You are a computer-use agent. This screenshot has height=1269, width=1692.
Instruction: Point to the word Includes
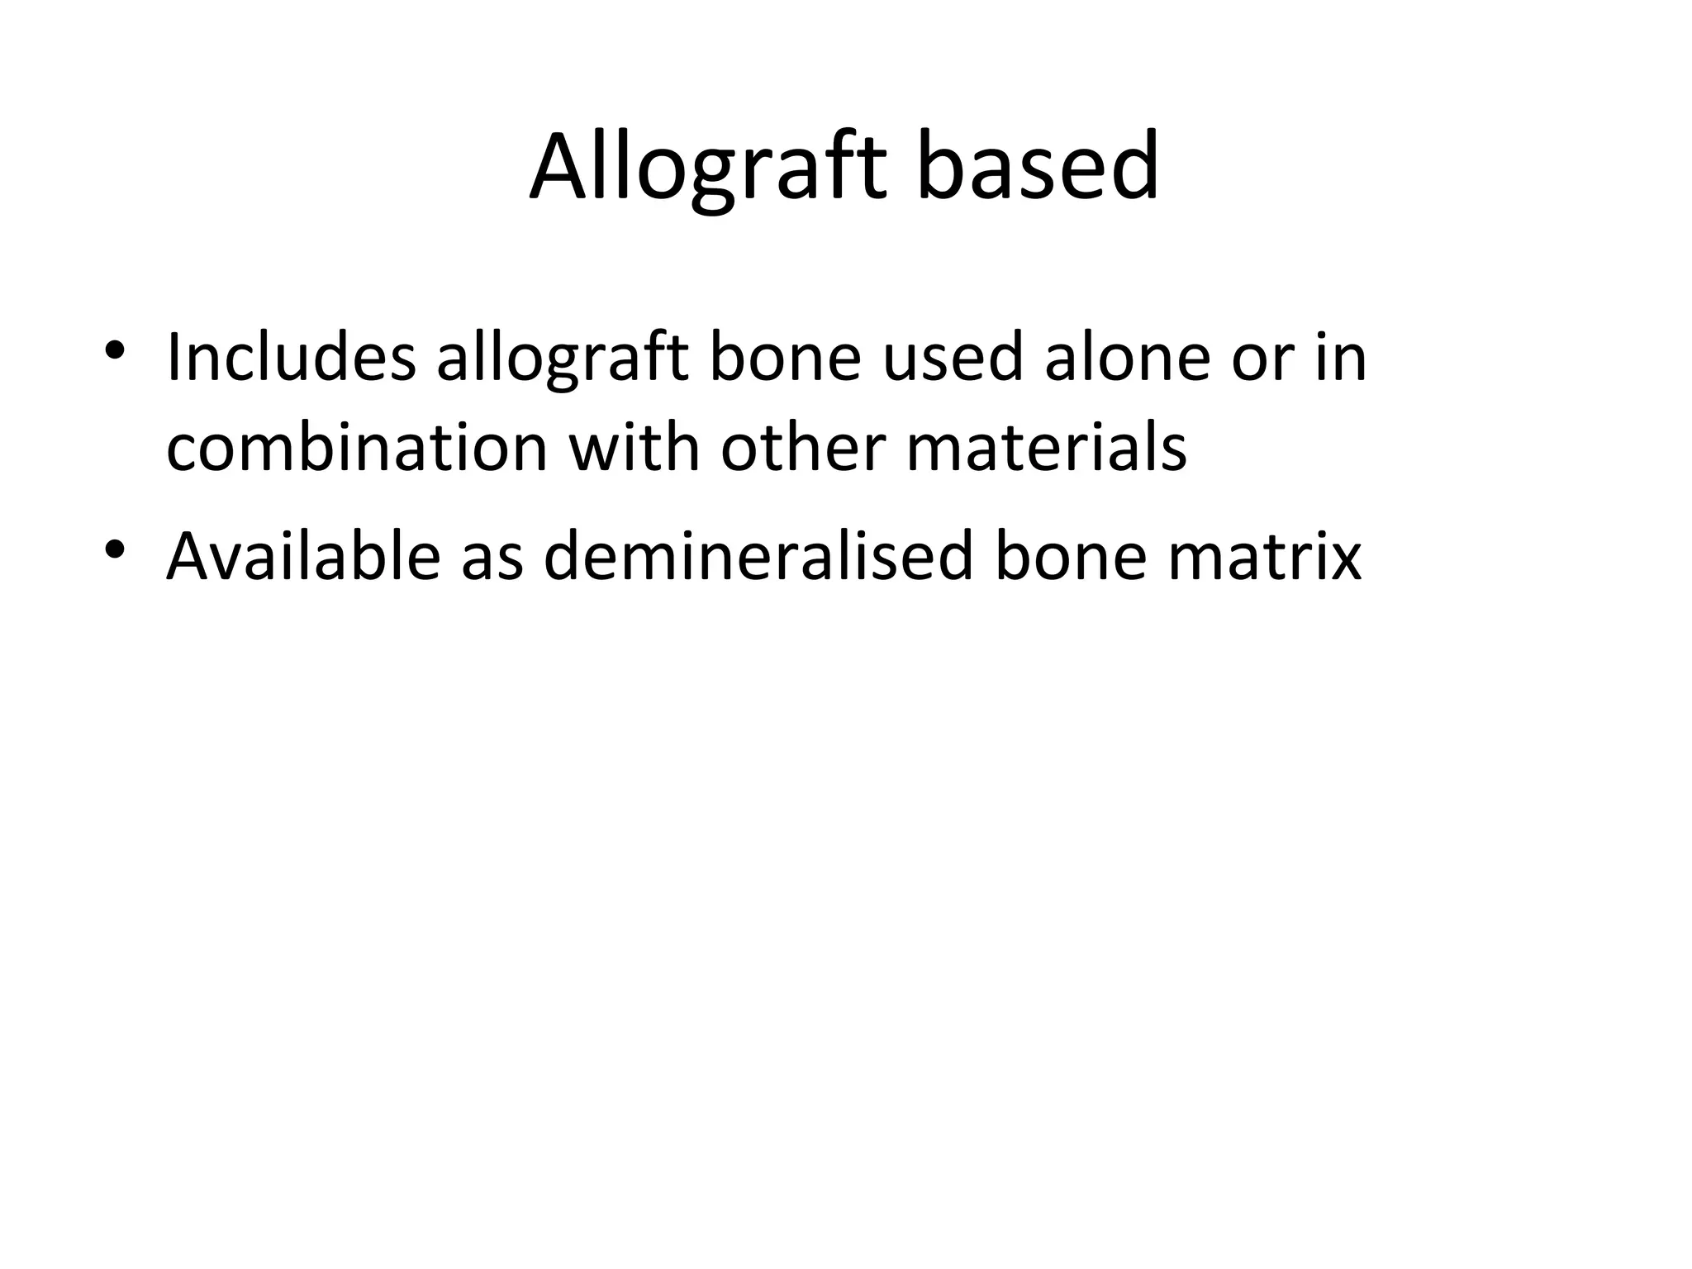pos(291,357)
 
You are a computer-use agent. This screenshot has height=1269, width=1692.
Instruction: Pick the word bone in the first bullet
pos(785,357)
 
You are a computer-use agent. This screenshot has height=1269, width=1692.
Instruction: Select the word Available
pos(303,556)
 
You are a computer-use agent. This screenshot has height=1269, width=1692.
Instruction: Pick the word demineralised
pos(758,556)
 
